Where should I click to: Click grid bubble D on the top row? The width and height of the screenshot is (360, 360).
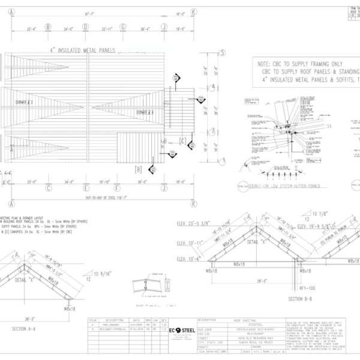(85, 26)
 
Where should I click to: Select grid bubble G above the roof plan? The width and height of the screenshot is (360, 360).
(122, 26)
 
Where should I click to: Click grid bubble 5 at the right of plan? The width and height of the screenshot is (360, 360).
(223, 53)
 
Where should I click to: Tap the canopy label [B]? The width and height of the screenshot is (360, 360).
(138, 169)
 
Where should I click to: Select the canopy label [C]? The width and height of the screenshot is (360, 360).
(182, 141)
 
